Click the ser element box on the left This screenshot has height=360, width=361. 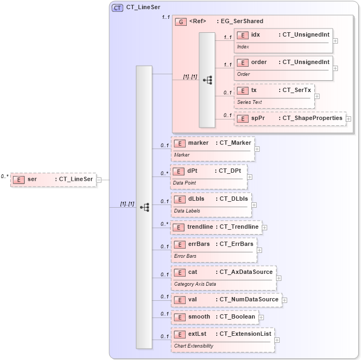point(53,179)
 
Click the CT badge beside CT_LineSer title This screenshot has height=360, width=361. point(117,8)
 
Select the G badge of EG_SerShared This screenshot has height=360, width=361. point(181,22)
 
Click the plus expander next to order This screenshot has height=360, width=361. point(336,68)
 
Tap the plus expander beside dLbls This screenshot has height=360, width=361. point(254,204)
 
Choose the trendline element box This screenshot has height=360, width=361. point(216,227)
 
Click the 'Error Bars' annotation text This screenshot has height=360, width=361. point(185,256)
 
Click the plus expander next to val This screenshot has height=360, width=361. point(285,300)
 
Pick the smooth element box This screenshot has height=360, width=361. point(214,317)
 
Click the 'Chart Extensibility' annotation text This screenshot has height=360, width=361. point(193,345)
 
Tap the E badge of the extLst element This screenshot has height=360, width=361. point(180,334)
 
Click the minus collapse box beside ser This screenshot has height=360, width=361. point(99,180)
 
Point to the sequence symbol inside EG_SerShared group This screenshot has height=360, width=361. point(207,80)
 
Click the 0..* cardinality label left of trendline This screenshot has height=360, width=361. point(165,224)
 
